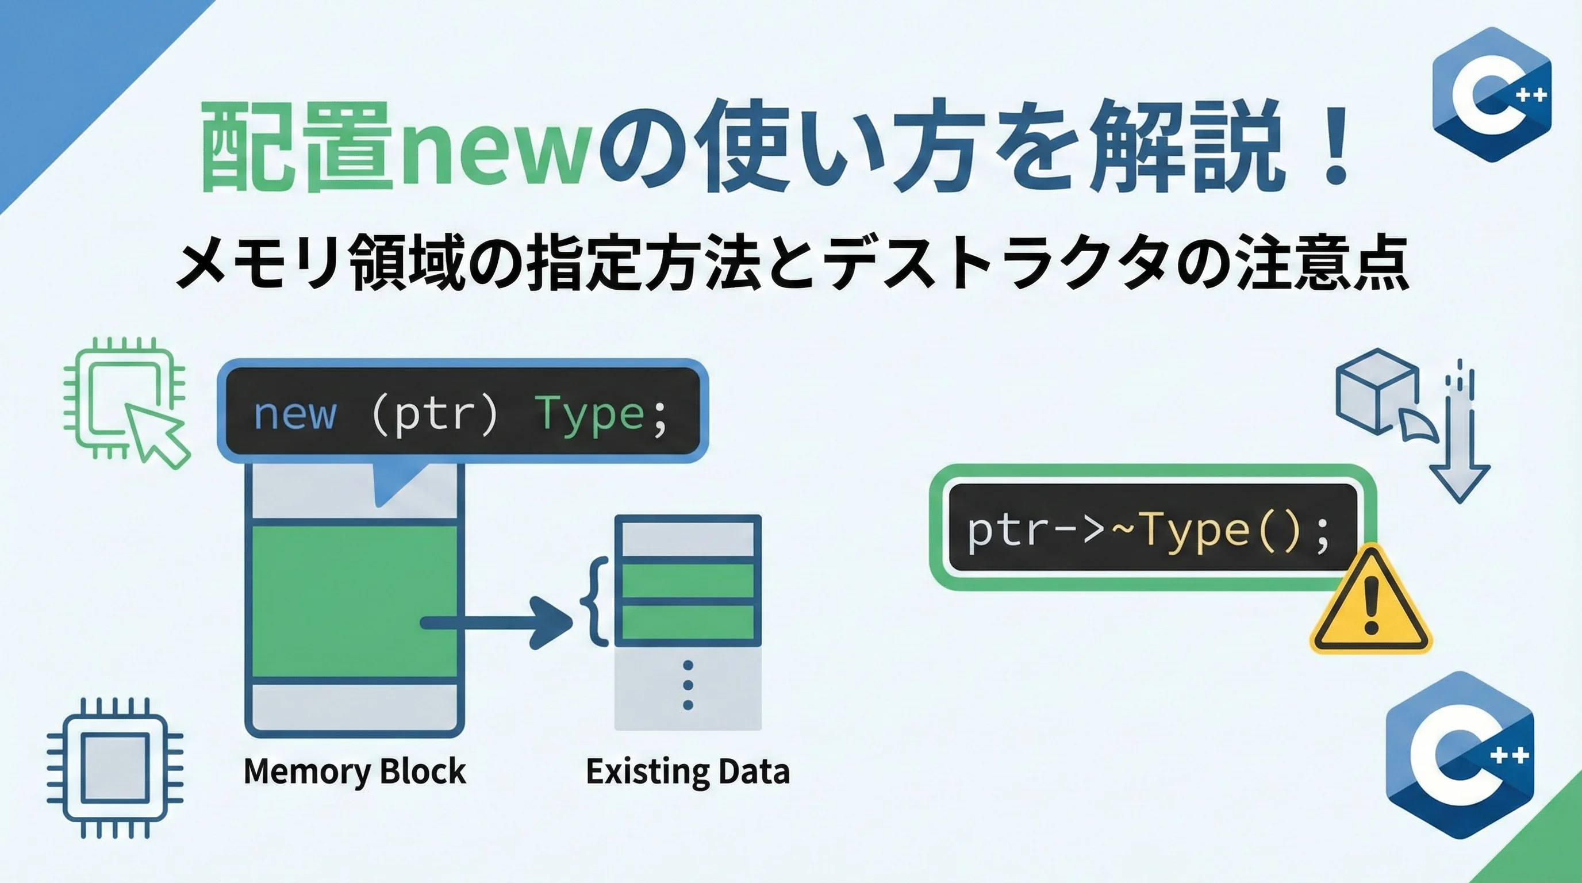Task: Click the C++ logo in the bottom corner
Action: pos(1461,755)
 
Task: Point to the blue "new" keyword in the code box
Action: pos(295,414)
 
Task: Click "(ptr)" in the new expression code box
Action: pos(435,415)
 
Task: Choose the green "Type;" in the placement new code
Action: pos(601,415)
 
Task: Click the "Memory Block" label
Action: pos(355,771)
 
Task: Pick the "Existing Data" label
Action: pos(688,771)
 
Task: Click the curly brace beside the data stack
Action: pos(594,602)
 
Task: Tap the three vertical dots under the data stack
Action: pos(688,685)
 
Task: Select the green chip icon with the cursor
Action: pos(126,403)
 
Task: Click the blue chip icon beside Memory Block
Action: pos(116,767)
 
